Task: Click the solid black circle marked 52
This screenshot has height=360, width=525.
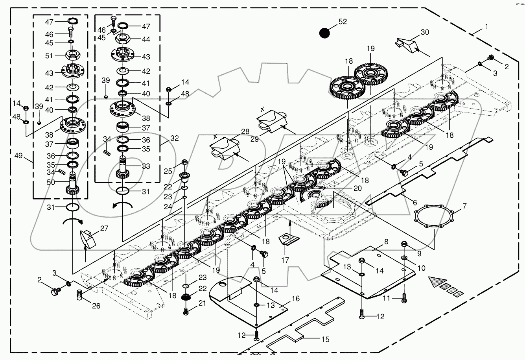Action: (324, 33)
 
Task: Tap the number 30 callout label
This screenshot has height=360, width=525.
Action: (425, 32)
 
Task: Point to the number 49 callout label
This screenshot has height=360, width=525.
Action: (19, 155)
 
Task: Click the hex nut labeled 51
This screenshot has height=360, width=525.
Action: (71, 55)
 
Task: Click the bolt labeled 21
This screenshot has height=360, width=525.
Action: (187, 312)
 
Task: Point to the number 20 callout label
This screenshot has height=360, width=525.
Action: (357, 188)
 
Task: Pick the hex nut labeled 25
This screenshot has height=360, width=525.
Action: (185, 162)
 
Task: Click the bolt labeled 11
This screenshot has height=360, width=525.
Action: (404, 298)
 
